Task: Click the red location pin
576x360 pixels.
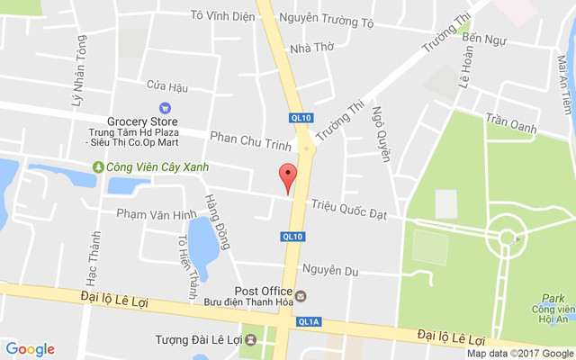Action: tap(287, 177)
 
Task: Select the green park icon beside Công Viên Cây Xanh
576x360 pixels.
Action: tap(98, 166)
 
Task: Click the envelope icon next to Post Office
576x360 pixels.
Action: tap(301, 295)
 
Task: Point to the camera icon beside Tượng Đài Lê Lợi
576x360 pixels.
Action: tap(250, 340)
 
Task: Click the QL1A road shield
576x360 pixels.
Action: tap(309, 321)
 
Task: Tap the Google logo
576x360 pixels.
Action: tap(30, 349)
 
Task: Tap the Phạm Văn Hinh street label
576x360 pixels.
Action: tap(156, 214)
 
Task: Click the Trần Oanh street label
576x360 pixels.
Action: tap(510, 121)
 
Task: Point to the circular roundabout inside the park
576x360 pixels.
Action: tap(508, 238)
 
